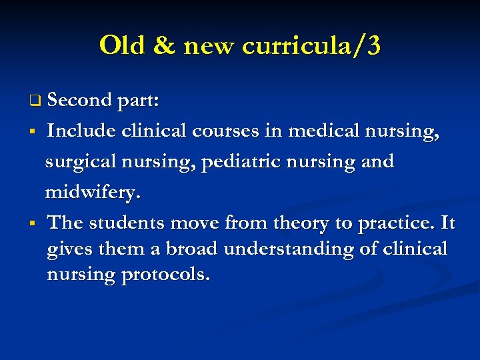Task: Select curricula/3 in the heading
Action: [x=311, y=47]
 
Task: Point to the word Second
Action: [x=79, y=100]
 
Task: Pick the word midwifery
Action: [x=93, y=193]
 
